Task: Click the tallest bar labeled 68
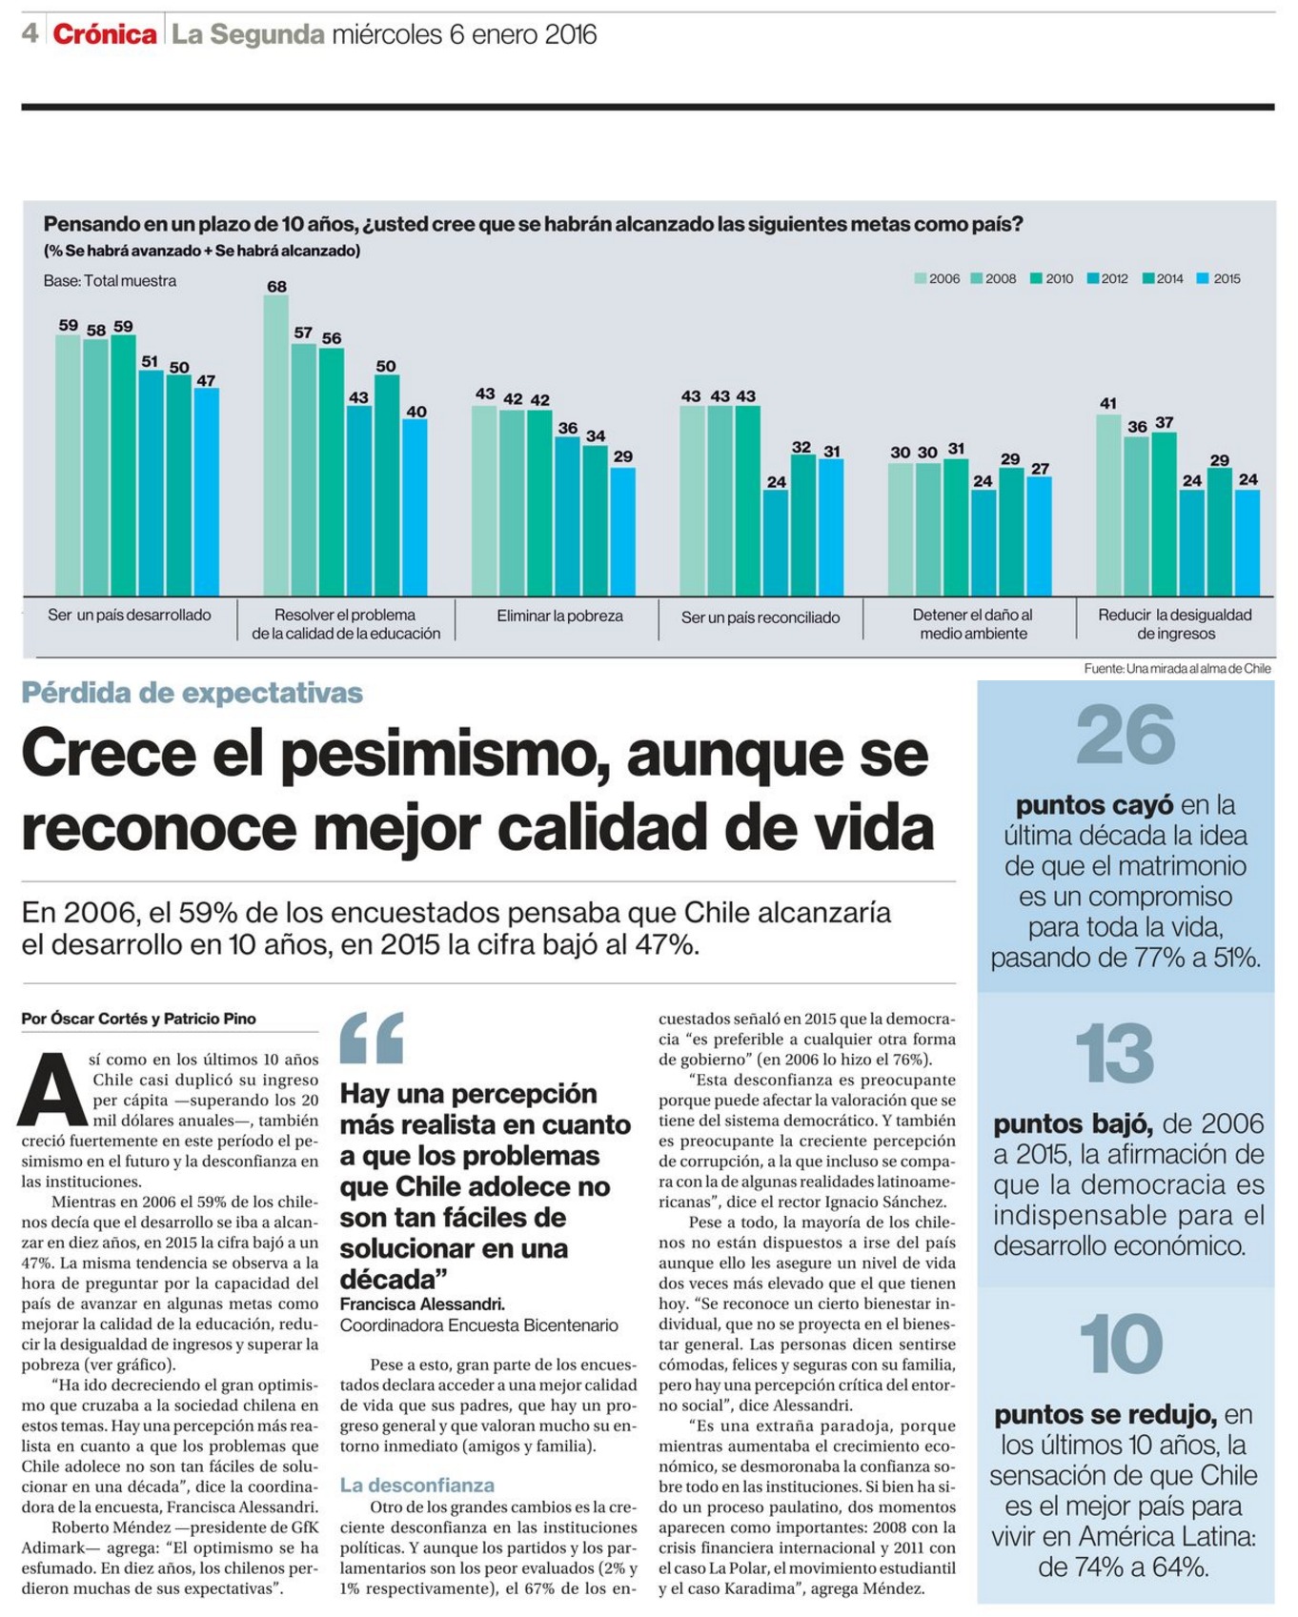coord(276,445)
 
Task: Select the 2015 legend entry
coord(1219,279)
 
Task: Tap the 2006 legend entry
coord(938,279)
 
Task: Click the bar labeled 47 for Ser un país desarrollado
coord(207,492)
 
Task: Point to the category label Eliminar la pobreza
coord(559,616)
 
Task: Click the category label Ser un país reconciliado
coord(761,617)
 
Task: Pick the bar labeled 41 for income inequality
coord(1108,505)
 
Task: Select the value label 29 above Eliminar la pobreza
coord(623,456)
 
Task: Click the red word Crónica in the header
coord(105,34)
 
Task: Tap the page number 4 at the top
coord(30,33)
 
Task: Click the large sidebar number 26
coord(1126,735)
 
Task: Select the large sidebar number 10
coord(1122,1344)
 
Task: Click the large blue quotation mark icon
coord(372,1037)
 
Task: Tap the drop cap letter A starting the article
coord(53,1089)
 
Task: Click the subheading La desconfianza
coord(417,1486)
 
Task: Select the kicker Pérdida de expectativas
coord(193,693)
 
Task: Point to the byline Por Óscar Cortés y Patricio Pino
coord(139,1019)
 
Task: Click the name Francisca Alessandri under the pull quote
coord(422,1304)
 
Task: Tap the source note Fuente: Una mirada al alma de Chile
coord(1177,669)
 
